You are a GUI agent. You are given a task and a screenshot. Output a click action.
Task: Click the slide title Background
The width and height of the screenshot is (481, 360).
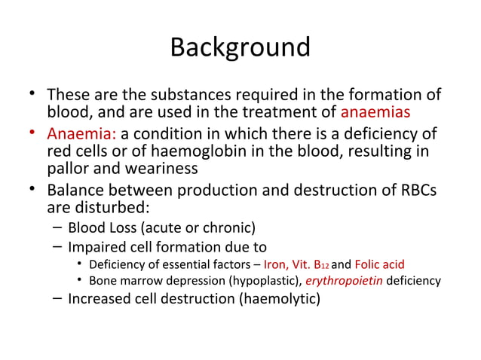tap(240, 47)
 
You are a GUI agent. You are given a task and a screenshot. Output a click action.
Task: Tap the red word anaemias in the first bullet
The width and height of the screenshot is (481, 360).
tap(375, 113)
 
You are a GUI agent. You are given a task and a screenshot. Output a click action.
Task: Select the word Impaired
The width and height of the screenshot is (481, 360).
tap(95, 247)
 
